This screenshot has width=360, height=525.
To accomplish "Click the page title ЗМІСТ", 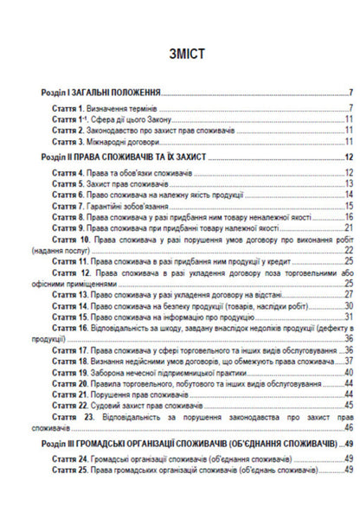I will click(181, 53).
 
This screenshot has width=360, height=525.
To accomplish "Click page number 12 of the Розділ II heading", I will click(348, 157).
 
